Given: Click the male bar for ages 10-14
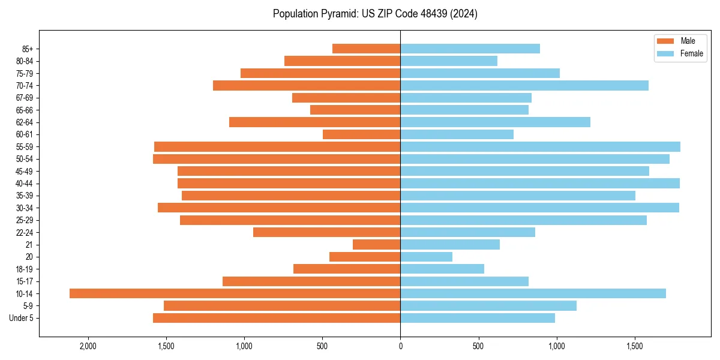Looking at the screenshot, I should pos(235,293).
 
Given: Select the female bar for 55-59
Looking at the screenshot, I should pos(540,147).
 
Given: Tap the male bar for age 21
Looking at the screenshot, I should pos(376,245).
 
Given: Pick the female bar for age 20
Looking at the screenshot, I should pos(426,257).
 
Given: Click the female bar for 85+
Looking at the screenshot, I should pos(470,49).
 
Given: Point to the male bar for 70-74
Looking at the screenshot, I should pos(307,86).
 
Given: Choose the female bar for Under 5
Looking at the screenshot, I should pos(478,318).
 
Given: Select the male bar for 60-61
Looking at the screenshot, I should pos(361,134).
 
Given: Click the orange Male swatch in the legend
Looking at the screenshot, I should pos(666,41).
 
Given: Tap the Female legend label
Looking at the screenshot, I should pos(691,53).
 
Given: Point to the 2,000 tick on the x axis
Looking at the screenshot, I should pos(88,346).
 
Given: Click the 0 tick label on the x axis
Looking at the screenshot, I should pos(400,346).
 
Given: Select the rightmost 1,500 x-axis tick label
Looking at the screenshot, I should pos(634,346).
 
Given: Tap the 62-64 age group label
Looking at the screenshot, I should pos(25,122).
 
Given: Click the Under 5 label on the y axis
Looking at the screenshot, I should pos(21,318).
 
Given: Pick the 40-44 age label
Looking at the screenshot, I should pos(25,184).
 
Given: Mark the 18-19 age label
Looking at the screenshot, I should pos(25,269).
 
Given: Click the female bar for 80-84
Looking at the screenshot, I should pos(449,61).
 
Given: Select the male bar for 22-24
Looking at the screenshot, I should pos(326,232).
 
